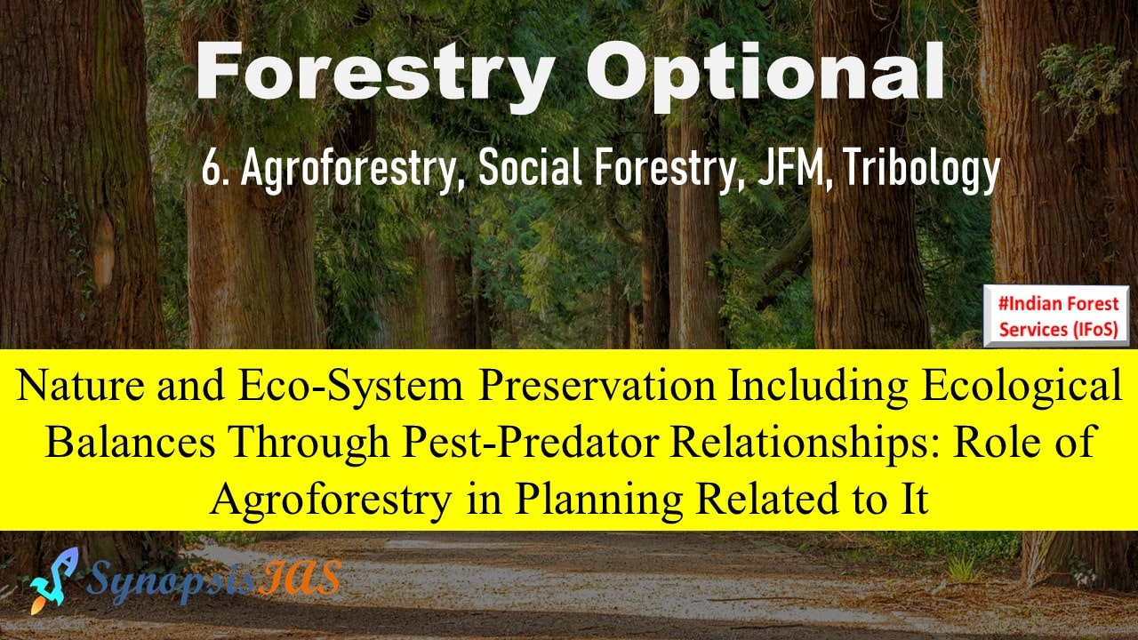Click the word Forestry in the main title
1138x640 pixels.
point(374,74)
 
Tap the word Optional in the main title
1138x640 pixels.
point(765,74)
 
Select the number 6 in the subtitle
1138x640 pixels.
point(209,169)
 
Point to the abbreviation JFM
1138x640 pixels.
point(795,170)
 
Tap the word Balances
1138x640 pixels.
point(130,442)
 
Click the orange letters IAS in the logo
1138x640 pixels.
point(299,578)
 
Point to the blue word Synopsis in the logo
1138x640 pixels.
point(171,582)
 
